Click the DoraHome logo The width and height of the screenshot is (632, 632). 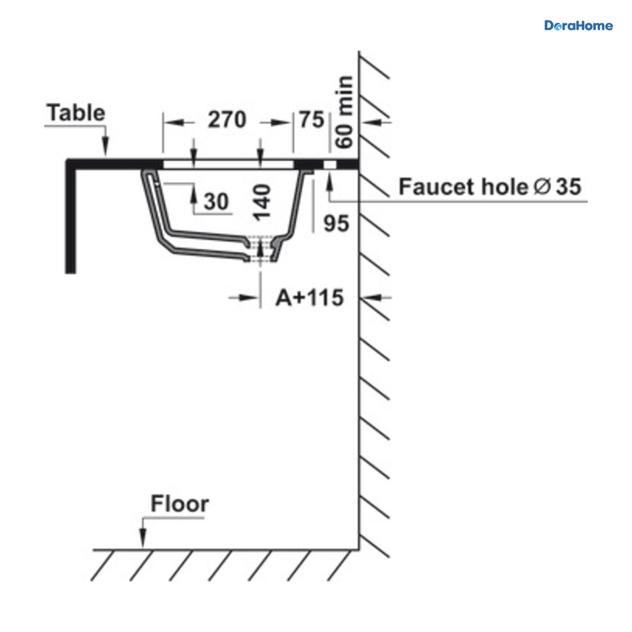tap(578, 26)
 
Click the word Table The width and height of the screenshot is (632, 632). tap(76, 113)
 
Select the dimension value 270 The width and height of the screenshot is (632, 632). tap(227, 120)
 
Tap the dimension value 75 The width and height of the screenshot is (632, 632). tap(312, 120)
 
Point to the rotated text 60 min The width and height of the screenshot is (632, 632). tap(344, 112)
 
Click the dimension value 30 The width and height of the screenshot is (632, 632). tap(216, 201)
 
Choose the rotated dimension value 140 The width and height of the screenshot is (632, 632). tap(262, 202)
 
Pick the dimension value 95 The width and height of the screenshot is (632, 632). tap(336, 224)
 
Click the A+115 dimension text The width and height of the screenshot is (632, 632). tap(310, 298)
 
